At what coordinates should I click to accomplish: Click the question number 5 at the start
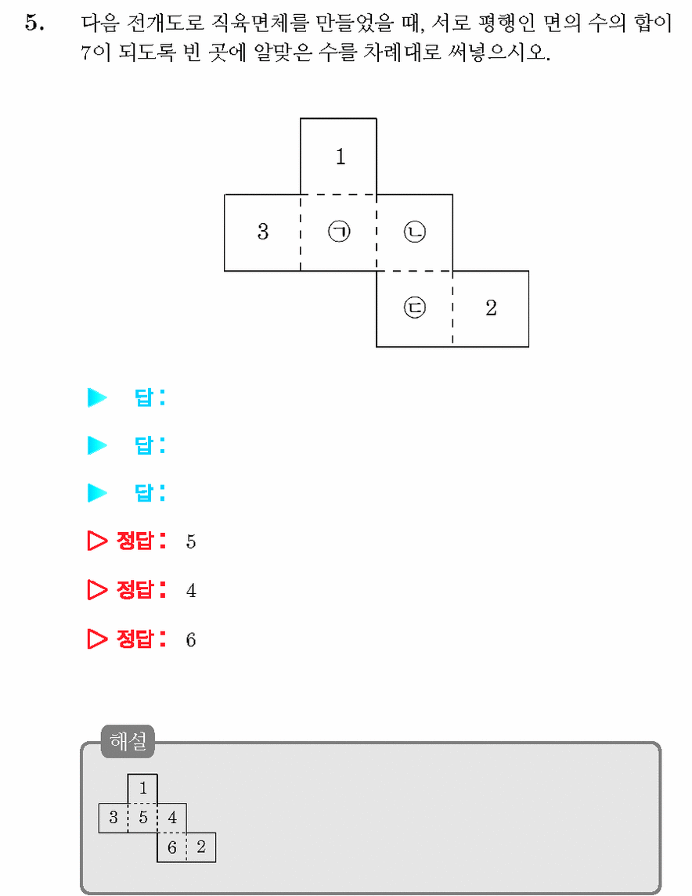click(x=34, y=23)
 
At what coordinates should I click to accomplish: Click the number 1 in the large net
click(x=341, y=156)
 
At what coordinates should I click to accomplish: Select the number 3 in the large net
click(x=263, y=232)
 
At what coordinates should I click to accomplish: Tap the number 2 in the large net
click(x=491, y=308)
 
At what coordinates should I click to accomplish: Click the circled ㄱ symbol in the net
click(x=339, y=232)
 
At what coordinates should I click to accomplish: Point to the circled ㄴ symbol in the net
click(x=415, y=232)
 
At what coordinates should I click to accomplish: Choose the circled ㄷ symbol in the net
click(x=415, y=308)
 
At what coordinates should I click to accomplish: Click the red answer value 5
click(x=191, y=542)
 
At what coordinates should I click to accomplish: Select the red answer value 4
click(x=191, y=590)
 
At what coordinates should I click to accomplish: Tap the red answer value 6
click(x=191, y=639)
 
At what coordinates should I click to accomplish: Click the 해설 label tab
click(x=128, y=741)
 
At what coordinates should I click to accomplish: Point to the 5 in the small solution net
click(x=142, y=818)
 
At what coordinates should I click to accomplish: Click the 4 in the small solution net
click(x=172, y=818)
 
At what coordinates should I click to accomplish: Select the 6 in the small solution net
click(x=172, y=847)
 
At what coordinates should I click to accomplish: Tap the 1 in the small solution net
click(x=142, y=789)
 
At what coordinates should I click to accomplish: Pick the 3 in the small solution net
click(x=114, y=818)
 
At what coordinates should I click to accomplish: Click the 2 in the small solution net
click(x=201, y=847)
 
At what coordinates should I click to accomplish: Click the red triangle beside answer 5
click(x=96, y=541)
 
